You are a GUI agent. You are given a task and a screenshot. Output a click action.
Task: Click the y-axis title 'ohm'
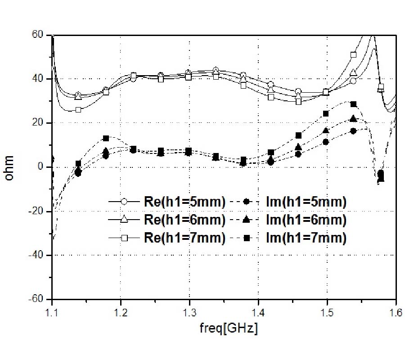[10, 167]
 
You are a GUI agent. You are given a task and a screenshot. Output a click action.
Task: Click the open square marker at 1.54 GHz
[353, 55]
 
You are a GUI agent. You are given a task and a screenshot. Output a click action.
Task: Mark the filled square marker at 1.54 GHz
[353, 104]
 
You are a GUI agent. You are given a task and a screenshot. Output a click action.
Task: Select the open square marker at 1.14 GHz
[78, 109]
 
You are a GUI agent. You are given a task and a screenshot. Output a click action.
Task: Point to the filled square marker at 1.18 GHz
[106, 138]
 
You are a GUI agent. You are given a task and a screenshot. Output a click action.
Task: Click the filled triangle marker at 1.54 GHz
[353, 119]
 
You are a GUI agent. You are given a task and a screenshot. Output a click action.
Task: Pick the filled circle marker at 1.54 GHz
[353, 131]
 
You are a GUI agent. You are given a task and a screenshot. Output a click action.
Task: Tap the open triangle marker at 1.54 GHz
[353, 72]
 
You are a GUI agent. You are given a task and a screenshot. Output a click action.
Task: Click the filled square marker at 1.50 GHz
[326, 114]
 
